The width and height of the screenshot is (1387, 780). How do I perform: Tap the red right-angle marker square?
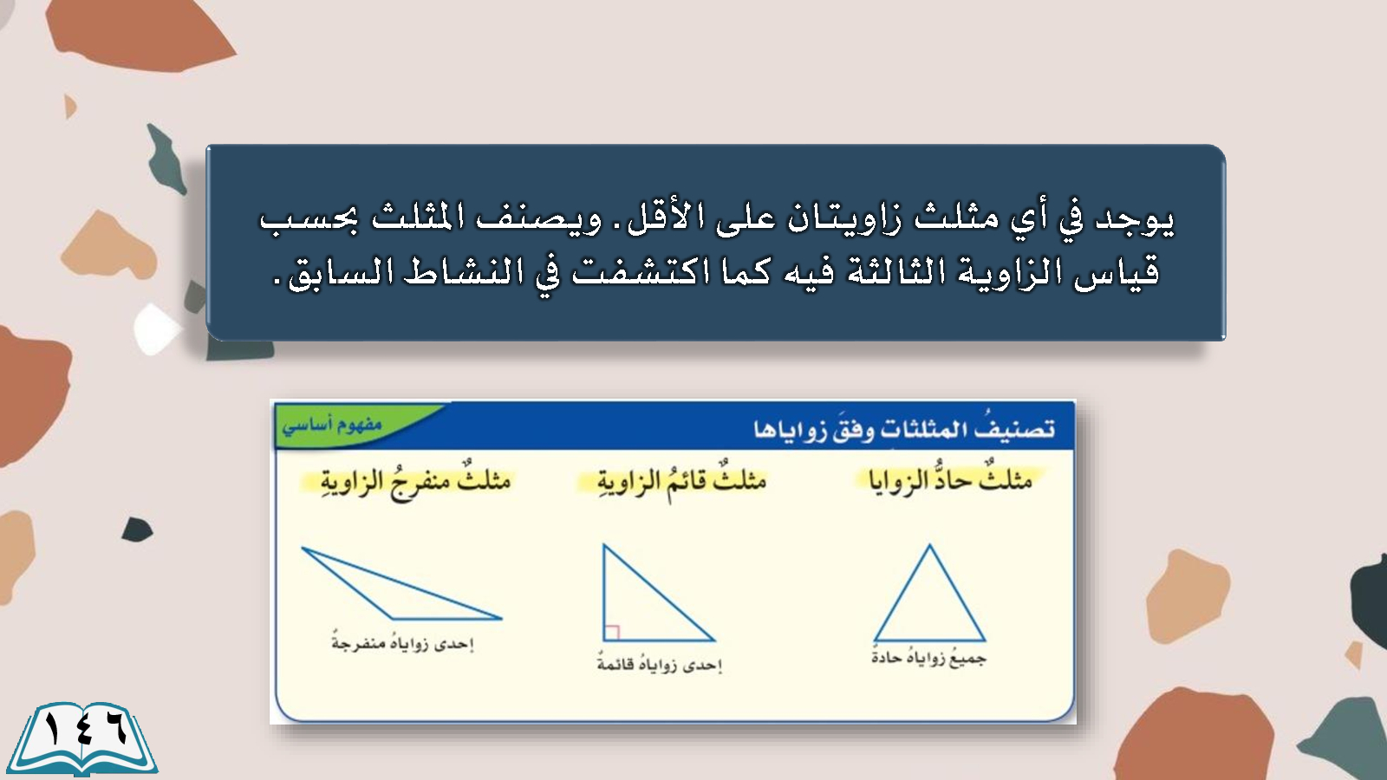coord(611,633)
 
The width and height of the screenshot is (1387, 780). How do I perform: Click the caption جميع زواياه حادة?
coord(928,658)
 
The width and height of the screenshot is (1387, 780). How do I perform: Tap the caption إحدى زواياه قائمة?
coord(660,665)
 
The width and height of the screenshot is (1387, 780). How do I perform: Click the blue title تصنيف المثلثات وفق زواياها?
coord(904,428)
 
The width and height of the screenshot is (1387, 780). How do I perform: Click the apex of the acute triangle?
coord(929,544)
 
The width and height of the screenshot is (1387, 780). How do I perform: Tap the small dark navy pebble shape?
coord(137,530)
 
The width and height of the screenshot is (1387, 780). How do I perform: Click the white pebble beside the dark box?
coord(156,329)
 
